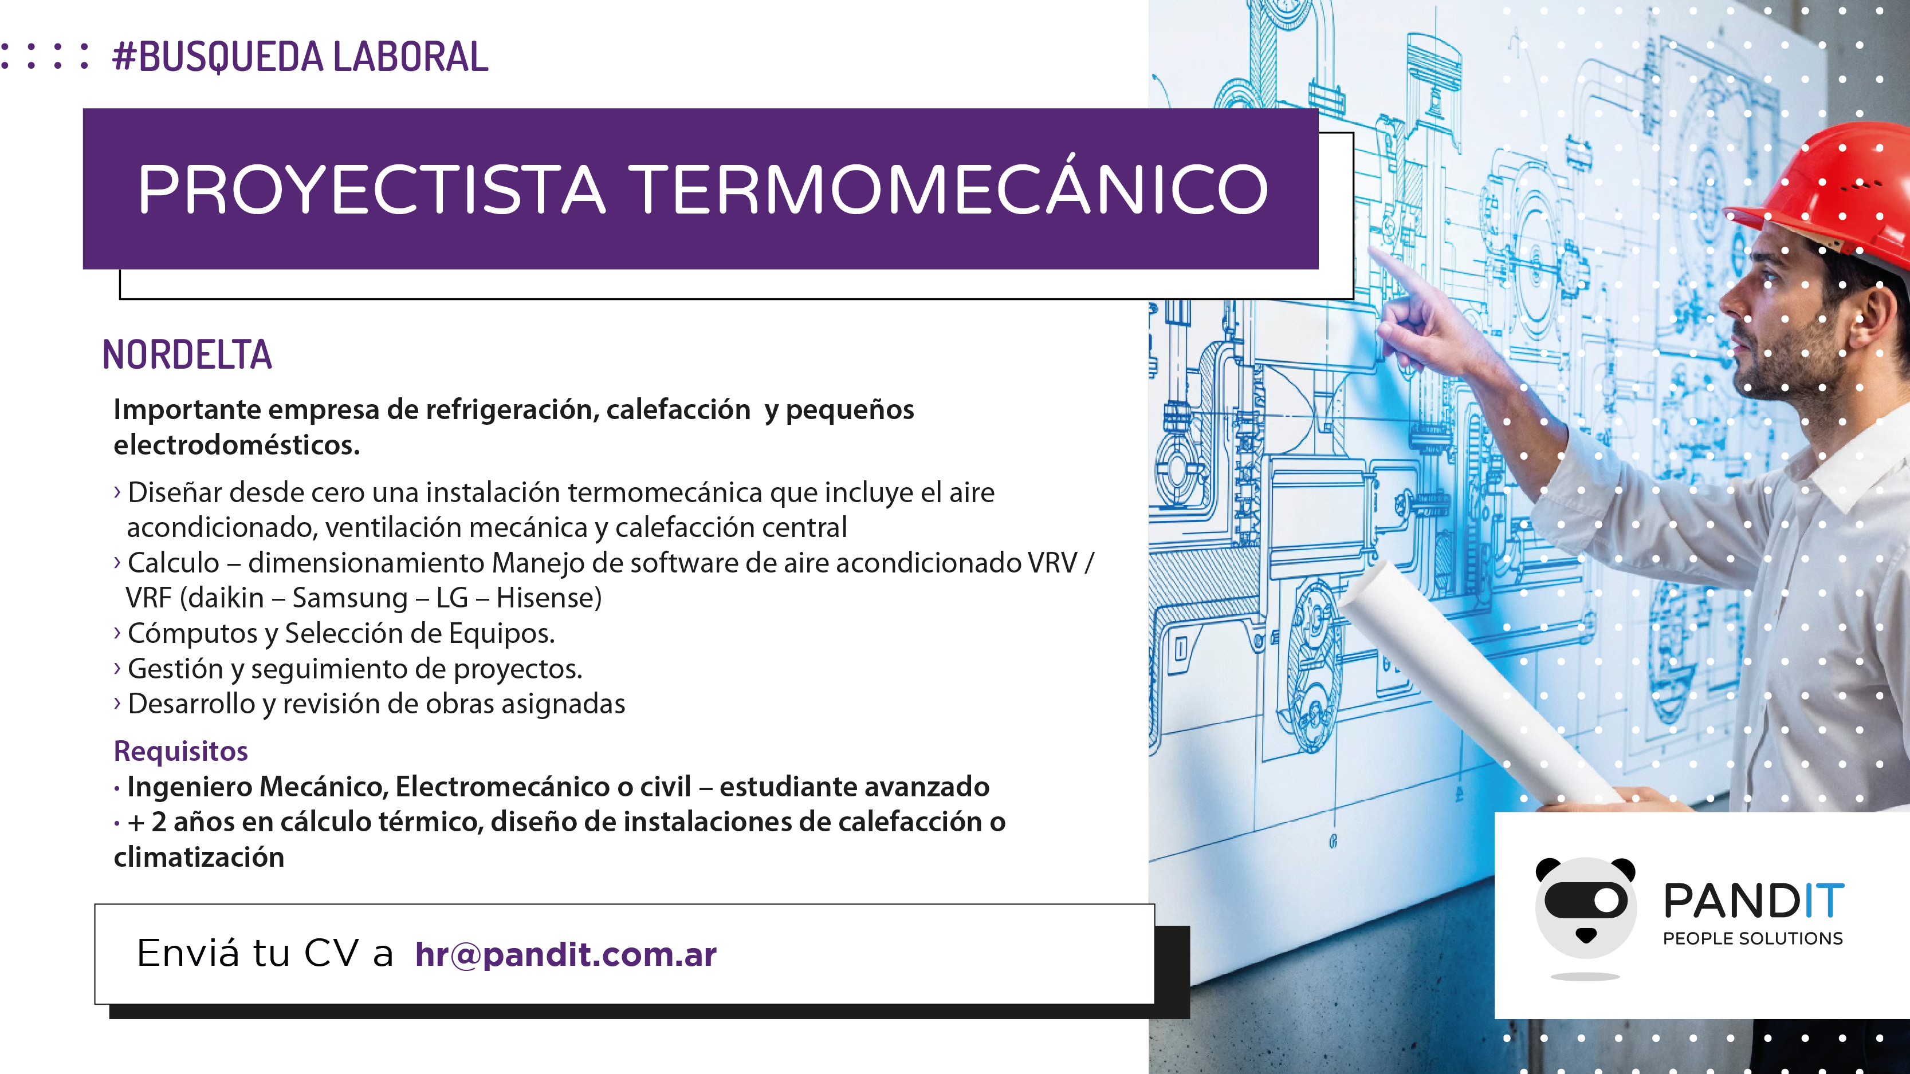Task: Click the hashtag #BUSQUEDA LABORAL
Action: [300, 57]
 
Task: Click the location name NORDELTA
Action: [187, 354]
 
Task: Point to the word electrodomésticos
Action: [237, 445]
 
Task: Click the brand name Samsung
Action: [350, 598]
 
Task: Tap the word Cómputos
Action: [194, 634]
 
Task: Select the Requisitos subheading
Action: [181, 751]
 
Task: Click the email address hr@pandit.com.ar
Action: [566, 954]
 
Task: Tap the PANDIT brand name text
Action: [1754, 901]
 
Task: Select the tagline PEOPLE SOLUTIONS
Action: [1753, 938]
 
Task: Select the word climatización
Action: [199, 858]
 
